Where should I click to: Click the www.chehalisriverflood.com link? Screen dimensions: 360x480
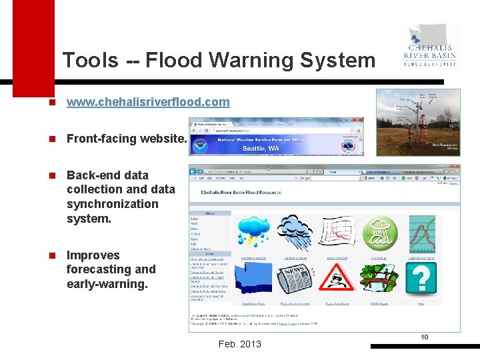(148, 102)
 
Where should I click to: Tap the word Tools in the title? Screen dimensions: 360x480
(90, 61)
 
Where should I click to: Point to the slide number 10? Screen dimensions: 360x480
(424, 337)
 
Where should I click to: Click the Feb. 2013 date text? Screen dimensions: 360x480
(239, 344)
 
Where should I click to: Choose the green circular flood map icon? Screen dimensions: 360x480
(379, 234)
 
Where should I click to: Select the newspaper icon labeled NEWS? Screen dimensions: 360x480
(294, 279)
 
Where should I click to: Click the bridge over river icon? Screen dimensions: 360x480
(379, 279)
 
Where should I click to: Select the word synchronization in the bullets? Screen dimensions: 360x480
(113, 204)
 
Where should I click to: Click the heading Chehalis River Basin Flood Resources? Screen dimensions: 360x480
(241, 193)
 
